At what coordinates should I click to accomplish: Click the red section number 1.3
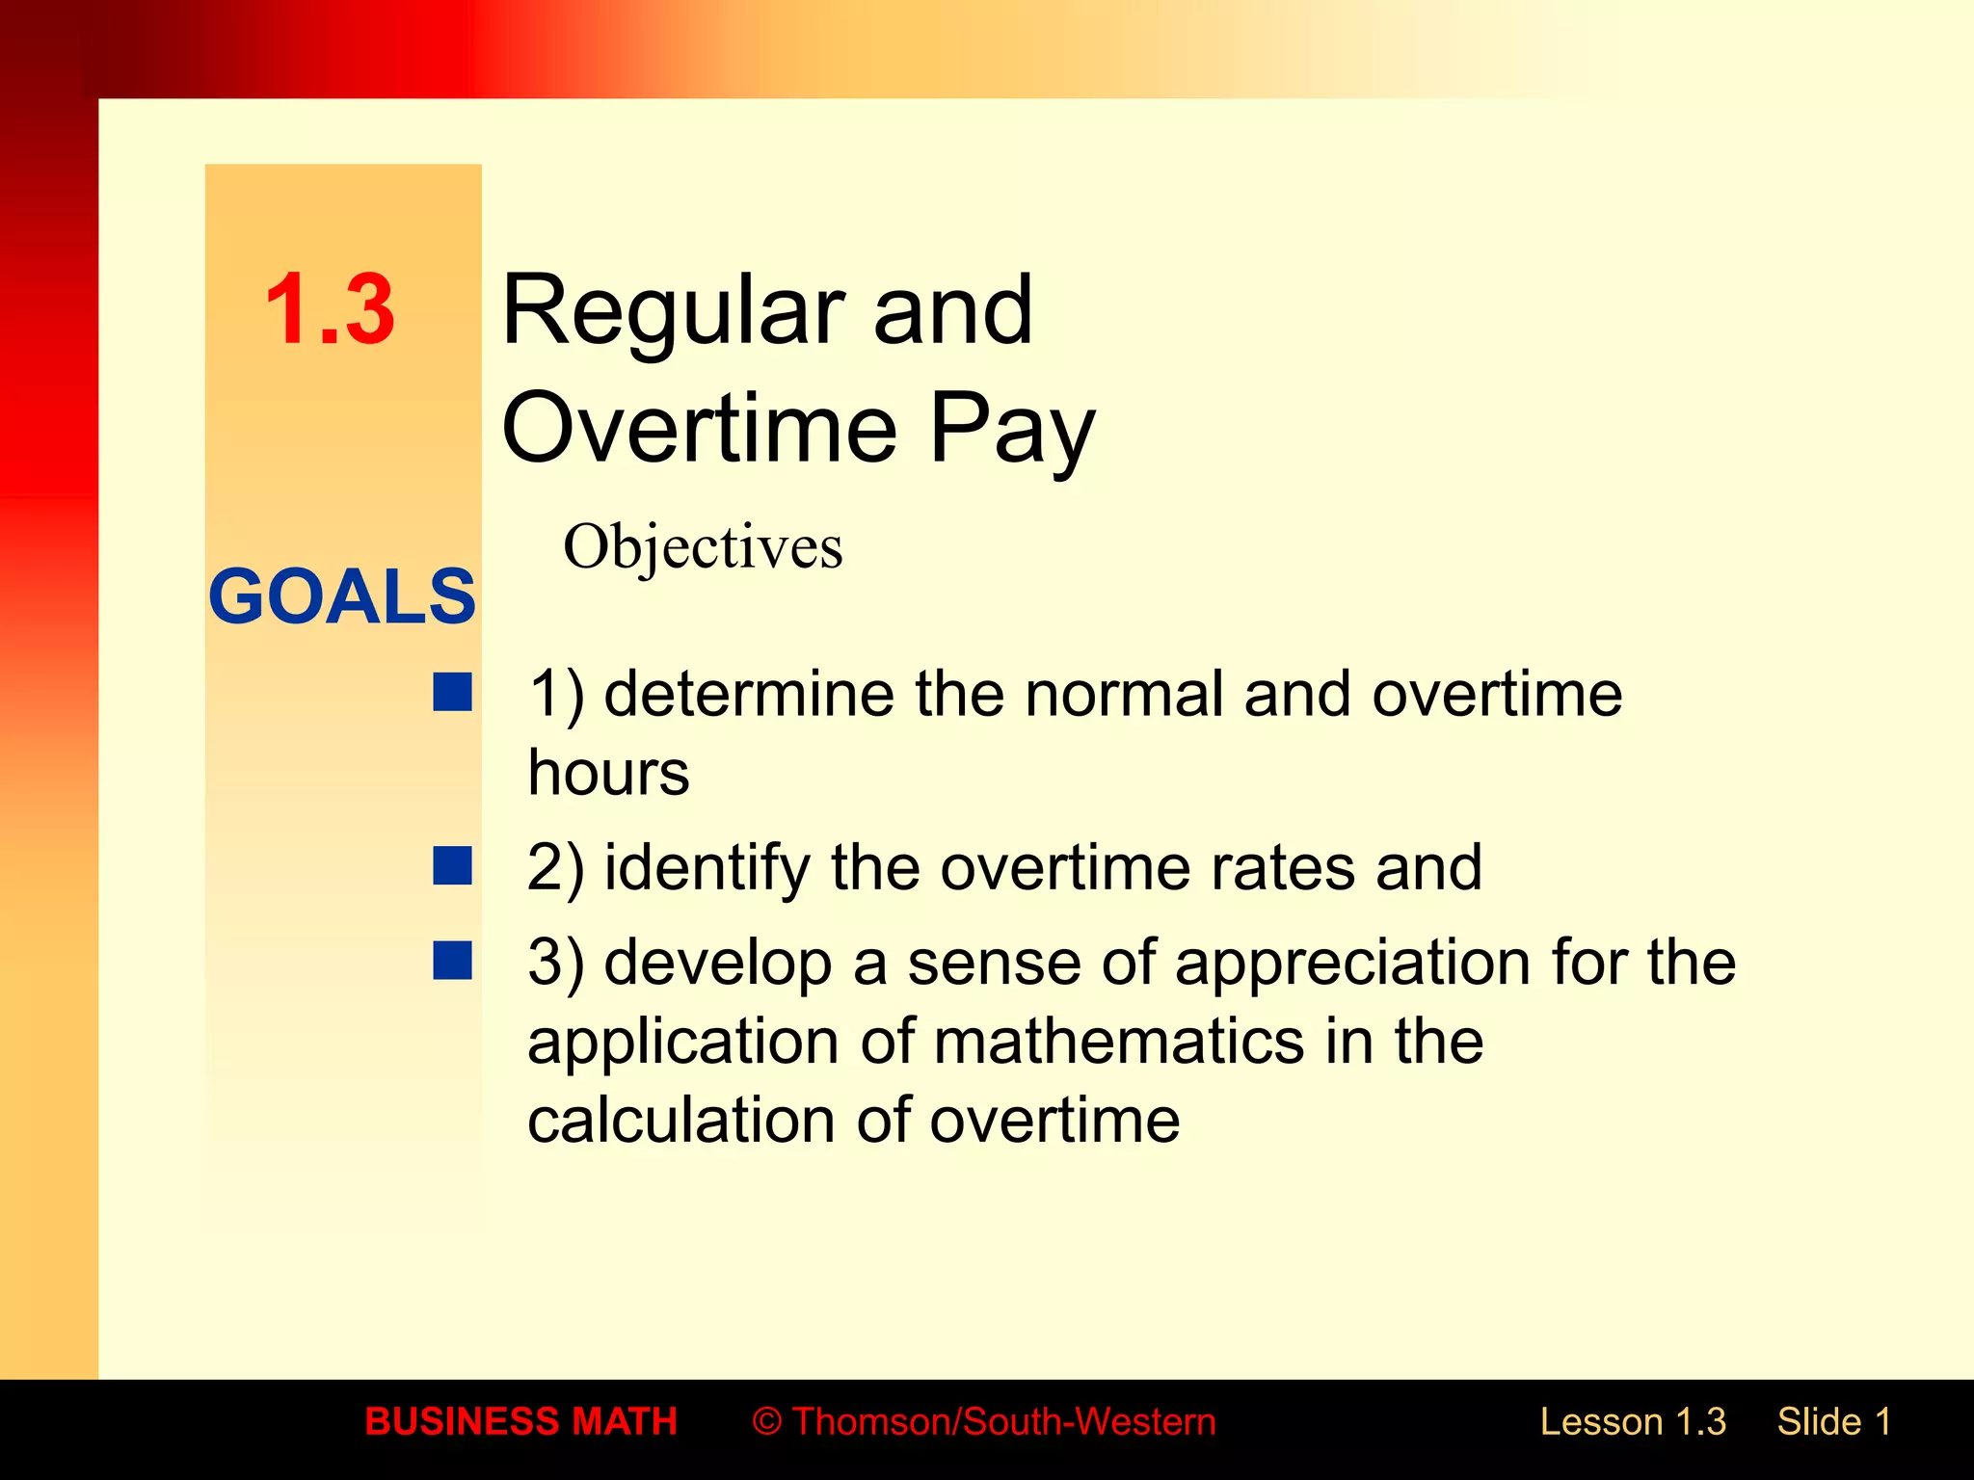tap(329, 309)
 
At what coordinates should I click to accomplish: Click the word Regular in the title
tap(671, 311)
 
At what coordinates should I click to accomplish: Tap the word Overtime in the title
tap(699, 428)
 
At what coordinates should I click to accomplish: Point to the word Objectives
tap(703, 546)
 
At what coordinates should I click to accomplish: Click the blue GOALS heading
tap(342, 596)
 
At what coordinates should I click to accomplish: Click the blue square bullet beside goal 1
tap(452, 692)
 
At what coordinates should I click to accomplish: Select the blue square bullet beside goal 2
tap(452, 865)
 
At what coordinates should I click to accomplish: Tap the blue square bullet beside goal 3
tap(452, 961)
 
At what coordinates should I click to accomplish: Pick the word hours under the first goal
tap(608, 773)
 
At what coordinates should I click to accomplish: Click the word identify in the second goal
tap(707, 867)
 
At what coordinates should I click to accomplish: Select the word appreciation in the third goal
tap(1353, 963)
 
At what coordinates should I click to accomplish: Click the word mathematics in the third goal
tap(1118, 1042)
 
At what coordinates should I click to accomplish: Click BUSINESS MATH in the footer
tap(520, 1422)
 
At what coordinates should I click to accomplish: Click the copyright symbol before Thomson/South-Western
tap(766, 1422)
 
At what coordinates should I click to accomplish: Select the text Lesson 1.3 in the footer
tap(1633, 1422)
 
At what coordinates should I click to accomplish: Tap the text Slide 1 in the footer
tap(1834, 1422)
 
